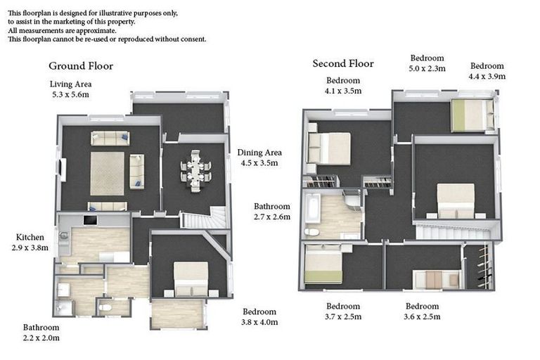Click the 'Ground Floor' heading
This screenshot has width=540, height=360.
click(x=80, y=66)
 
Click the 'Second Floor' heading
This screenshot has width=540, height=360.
click(x=343, y=64)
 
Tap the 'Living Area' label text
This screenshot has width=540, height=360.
click(x=70, y=84)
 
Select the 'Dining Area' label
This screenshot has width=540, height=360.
click(x=259, y=153)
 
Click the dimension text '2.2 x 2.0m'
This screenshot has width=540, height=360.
click(x=41, y=337)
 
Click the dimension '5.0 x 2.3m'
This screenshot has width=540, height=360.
click(x=427, y=69)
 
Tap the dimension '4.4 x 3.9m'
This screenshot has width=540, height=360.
click(x=487, y=76)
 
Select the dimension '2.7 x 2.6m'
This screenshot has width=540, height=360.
click(x=272, y=217)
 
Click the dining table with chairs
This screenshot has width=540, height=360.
click(x=195, y=169)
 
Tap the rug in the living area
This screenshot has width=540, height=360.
click(x=107, y=173)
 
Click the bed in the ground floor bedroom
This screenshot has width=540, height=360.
click(x=191, y=278)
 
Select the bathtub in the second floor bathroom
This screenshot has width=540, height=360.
click(x=313, y=209)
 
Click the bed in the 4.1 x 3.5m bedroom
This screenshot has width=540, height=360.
click(x=329, y=149)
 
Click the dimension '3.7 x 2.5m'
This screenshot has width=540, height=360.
click(x=343, y=316)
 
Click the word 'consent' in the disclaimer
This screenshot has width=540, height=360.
click(x=191, y=39)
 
